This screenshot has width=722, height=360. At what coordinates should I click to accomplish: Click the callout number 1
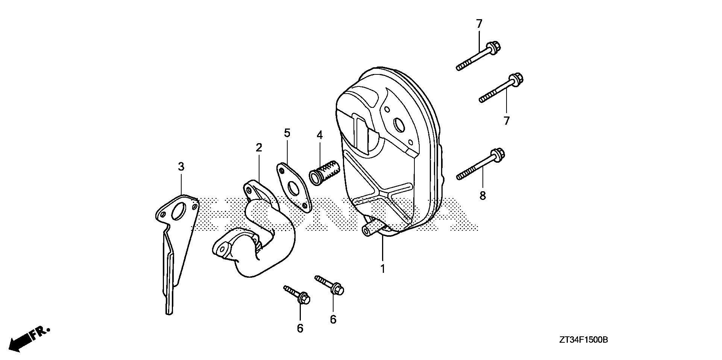383,269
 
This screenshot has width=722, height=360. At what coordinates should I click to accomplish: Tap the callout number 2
259,148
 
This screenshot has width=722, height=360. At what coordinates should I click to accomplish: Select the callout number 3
181,166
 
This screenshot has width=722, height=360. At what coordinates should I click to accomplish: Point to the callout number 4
320,135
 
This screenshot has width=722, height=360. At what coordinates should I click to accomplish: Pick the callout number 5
287,133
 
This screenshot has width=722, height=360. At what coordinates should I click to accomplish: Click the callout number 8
482,195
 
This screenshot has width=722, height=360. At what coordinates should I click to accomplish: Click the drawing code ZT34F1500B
583,340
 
